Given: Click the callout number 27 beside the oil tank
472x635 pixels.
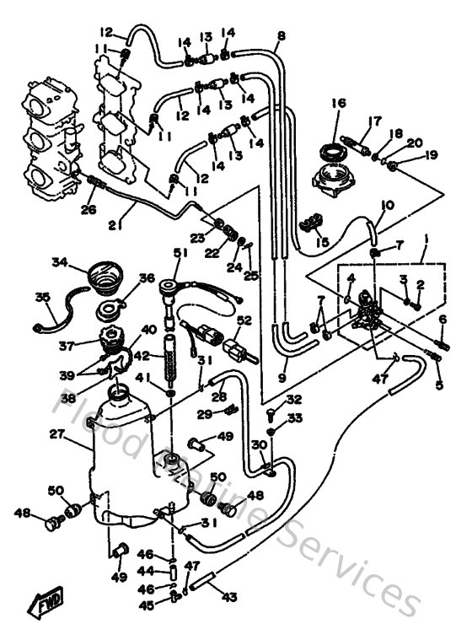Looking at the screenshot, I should click(x=57, y=434).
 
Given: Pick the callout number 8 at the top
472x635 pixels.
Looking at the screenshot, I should click(x=281, y=35).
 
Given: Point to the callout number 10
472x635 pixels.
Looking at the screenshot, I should click(x=388, y=205).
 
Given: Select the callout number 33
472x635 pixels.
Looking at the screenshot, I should click(x=294, y=417).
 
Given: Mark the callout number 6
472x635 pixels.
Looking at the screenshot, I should click(x=442, y=319).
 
